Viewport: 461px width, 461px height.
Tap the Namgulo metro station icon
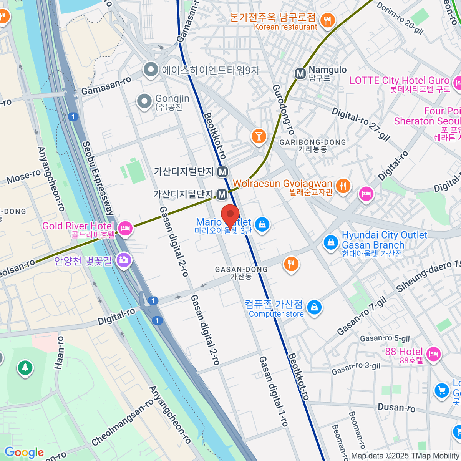coord(300,73)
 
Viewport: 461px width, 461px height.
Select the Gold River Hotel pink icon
coord(125,229)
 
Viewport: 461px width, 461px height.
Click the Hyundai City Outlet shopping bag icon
coord(330,242)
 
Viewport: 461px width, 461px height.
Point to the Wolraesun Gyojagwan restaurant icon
coord(343,186)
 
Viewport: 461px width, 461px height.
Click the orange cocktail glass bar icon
coord(259,136)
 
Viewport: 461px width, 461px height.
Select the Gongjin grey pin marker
coord(144,101)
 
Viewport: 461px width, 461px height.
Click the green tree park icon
coord(25,368)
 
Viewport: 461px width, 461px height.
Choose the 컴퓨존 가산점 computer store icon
coord(315,307)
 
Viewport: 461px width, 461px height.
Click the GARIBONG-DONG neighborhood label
coord(313,143)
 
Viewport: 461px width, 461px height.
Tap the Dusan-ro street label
coord(396,407)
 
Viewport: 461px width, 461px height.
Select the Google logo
coord(24,453)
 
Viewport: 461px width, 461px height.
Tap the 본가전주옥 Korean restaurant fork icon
coord(327,20)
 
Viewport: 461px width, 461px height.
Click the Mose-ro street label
coord(23,176)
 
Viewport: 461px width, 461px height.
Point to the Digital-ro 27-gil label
coord(361,124)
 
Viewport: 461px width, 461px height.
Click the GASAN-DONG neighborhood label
coord(241,270)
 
